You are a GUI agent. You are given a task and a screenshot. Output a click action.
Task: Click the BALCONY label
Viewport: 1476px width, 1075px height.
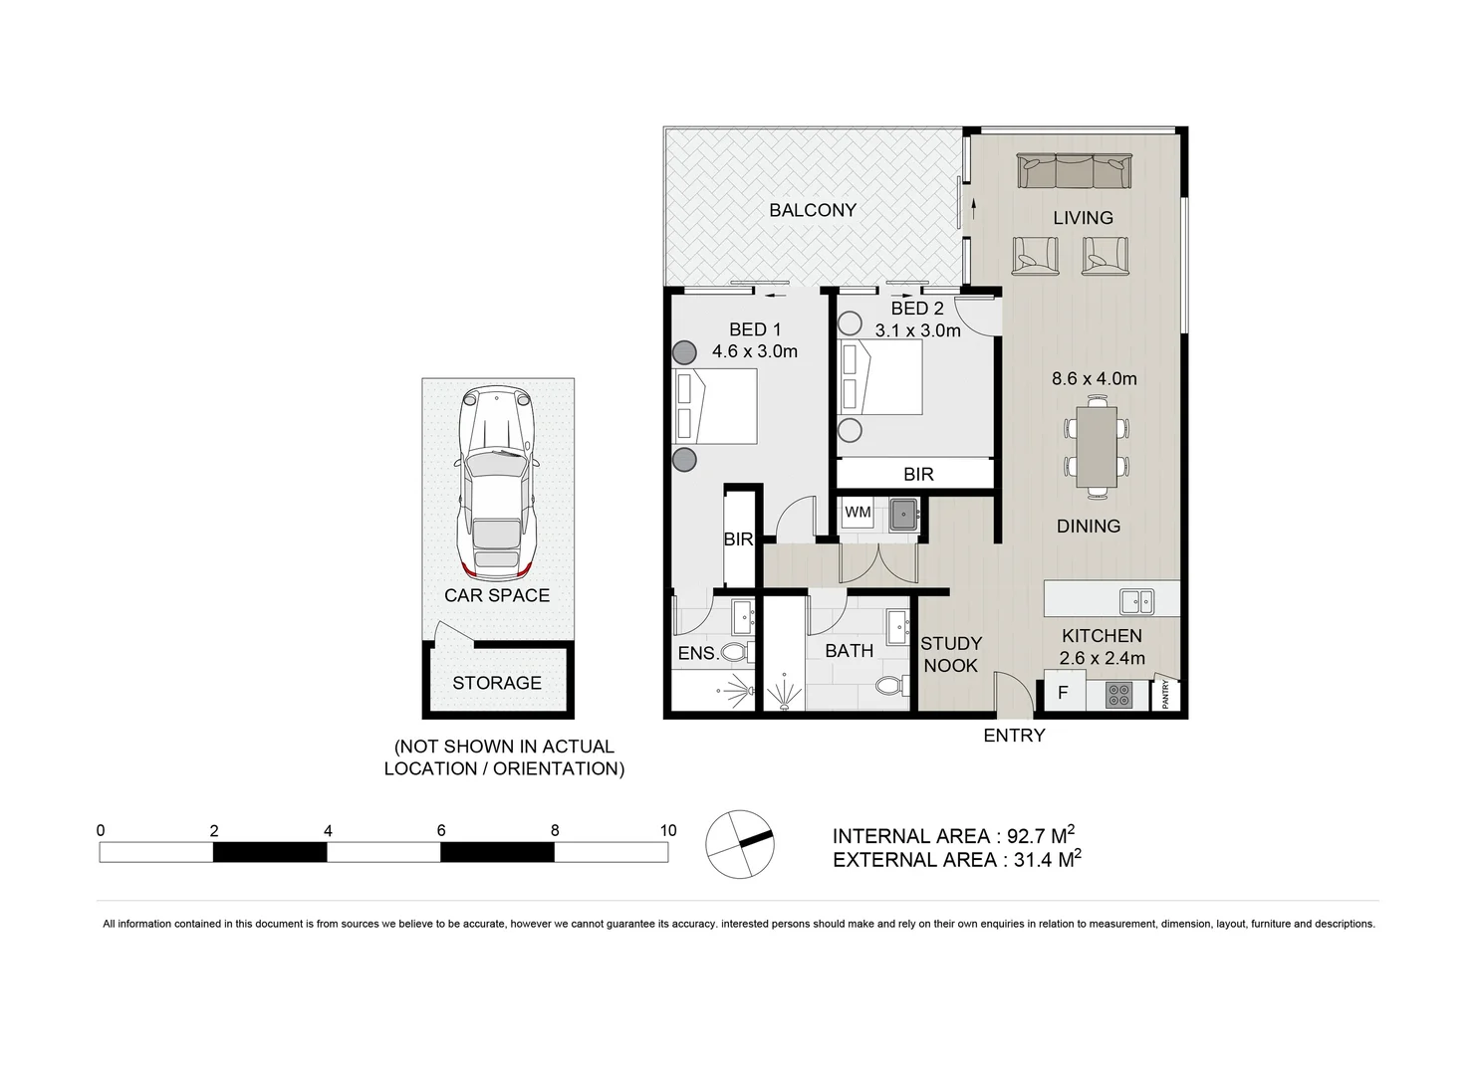coord(812,210)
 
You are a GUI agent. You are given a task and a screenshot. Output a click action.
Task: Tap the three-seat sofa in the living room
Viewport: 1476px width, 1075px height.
coord(1074,171)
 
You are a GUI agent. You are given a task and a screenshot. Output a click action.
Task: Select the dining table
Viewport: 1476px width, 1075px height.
coord(1096,445)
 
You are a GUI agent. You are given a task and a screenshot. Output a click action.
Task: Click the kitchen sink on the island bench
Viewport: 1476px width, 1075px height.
coord(1136,601)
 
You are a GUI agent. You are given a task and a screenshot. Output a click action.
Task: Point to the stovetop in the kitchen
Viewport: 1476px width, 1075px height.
coord(1118,694)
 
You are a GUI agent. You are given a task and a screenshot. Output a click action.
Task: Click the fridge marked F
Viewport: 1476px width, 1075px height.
coord(1063,693)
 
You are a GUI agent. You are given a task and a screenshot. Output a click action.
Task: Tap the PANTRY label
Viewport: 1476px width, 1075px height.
coord(1166,695)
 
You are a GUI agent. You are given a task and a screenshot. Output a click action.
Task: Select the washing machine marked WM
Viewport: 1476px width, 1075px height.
coord(857,513)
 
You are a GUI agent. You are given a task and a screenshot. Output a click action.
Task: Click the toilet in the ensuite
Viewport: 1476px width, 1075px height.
coord(736,653)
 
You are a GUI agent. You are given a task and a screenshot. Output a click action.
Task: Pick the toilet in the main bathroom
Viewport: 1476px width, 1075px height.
coord(891,685)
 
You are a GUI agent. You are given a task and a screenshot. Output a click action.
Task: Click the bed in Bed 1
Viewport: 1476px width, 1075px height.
coord(716,406)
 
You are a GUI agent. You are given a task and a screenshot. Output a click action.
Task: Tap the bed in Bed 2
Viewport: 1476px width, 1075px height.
coord(881,377)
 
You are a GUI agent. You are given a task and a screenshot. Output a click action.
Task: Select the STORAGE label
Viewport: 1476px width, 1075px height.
coord(497,683)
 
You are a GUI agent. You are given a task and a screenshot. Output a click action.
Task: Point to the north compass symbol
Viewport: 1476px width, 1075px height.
coord(739,844)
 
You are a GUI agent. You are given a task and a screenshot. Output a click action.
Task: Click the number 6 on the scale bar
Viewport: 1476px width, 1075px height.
coord(441,830)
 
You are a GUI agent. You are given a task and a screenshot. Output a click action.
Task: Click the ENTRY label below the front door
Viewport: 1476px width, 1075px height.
coord(1014,736)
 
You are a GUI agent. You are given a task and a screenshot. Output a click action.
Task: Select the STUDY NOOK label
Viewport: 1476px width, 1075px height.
coord(951,654)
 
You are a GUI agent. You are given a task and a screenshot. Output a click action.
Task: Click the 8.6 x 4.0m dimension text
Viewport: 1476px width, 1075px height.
coord(1094,378)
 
